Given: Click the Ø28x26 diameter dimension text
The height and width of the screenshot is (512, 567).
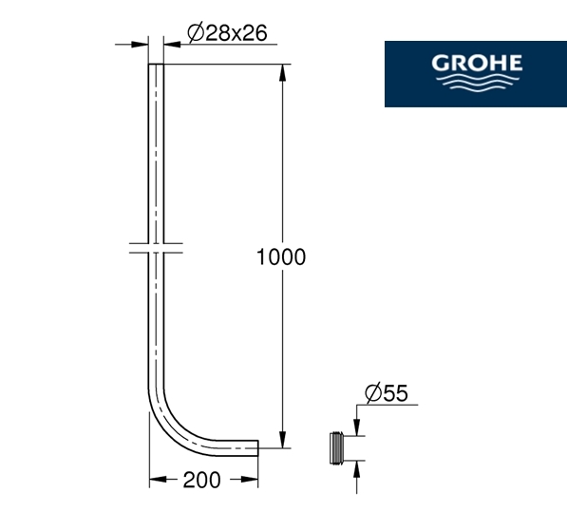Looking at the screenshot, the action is coord(227,33).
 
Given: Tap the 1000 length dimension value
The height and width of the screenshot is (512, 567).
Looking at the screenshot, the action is coord(281,257).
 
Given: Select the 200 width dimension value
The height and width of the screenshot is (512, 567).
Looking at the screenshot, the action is coord(201,481).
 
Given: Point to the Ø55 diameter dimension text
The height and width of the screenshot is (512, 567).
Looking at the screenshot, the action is coord(387,392).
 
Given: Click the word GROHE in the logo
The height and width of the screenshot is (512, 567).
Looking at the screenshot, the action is coord(477,63).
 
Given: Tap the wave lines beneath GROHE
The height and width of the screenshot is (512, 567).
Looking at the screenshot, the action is coord(477,82).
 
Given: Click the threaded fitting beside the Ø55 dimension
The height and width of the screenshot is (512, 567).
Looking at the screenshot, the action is coord(336,447).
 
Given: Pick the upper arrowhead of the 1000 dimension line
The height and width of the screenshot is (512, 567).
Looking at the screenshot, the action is coord(283,73).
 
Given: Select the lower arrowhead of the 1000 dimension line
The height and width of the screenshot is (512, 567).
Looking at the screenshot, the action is coord(283,440).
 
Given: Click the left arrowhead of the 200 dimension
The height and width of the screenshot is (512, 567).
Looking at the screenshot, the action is coord(158,480).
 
